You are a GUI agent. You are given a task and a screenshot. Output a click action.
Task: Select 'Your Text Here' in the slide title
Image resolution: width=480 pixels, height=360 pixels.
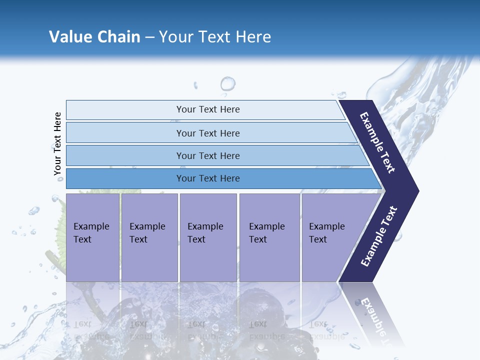pyautogui.click(x=215, y=37)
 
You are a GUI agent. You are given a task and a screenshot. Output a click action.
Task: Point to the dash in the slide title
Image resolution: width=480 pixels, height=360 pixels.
pyautogui.click(x=149, y=37)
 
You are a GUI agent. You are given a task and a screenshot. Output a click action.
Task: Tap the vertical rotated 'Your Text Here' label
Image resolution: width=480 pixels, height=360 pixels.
pyautogui.click(x=57, y=143)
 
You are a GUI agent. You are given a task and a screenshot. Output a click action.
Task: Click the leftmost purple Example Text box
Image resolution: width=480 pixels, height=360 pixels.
pyautogui.click(x=92, y=237)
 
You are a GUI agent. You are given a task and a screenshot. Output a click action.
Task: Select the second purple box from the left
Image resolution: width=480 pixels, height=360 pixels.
pyautogui.click(x=149, y=237)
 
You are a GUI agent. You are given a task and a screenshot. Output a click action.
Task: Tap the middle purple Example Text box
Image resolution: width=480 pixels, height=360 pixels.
pyautogui.click(x=208, y=237)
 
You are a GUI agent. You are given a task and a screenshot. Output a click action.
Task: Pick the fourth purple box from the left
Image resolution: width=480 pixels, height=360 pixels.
pyautogui.click(x=269, y=237)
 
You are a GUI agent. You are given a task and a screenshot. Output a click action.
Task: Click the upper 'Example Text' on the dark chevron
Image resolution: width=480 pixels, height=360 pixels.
pyautogui.click(x=377, y=142)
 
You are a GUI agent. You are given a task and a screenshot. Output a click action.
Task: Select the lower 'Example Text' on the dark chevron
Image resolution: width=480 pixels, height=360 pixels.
pyautogui.click(x=379, y=236)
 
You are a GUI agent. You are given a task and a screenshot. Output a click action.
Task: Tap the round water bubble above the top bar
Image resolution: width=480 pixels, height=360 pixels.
pyautogui.click(x=228, y=83)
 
